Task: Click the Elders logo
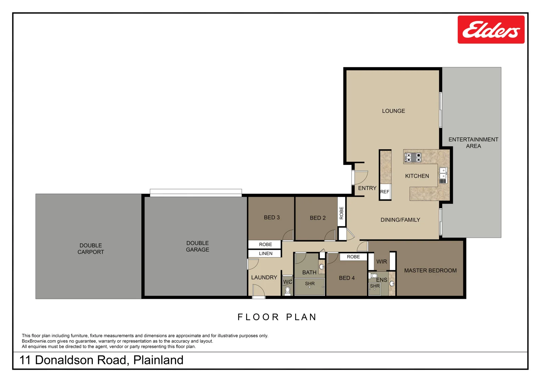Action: click(x=491, y=30)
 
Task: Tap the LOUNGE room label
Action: click(x=393, y=111)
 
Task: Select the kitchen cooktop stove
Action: click(x=413, y=157)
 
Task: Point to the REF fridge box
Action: click(x=385, y=192)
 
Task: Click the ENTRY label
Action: click(x=367, y=188)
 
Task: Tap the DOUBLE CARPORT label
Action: click(x=91, y=249)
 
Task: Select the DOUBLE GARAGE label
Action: click(x=197, y=246)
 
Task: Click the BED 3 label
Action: click(x=272, y=218)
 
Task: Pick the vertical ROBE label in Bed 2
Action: click(x=342, y=213)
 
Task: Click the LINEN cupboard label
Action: click(x=265, y=254)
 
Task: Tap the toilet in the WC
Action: click(x=288, y=290)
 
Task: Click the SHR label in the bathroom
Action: click(x=310, y=284)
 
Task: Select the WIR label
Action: click(x=382, y=262)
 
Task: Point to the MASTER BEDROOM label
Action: click(x=430, y=271)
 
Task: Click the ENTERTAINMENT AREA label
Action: click(x=473, y=143)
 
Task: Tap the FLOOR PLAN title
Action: click(x=277, y=317)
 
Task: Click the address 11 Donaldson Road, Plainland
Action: click(x=101, y=360)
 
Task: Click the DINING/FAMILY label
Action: click(x=400, y=220)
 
